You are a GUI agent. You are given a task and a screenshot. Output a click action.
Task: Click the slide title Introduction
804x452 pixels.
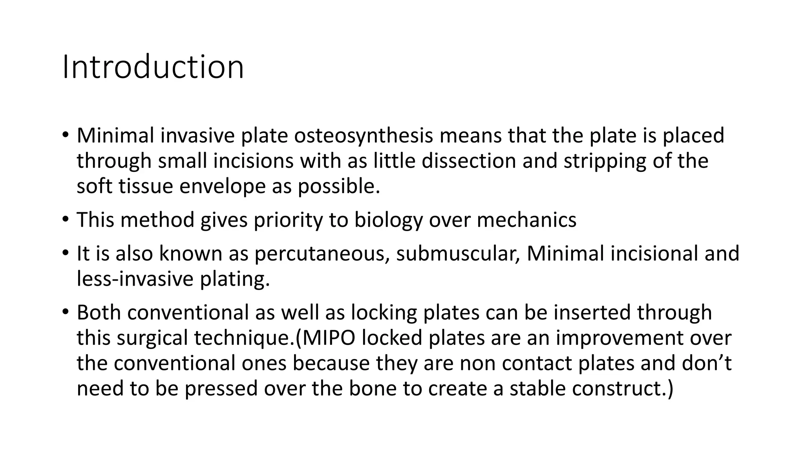click(153, 67)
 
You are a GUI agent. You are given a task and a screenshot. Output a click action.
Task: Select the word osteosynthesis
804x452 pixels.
click(364, 136)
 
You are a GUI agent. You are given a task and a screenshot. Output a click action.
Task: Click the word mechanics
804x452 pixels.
click(526, 220)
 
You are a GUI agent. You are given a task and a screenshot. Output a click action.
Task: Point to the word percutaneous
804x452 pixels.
click(322, 254)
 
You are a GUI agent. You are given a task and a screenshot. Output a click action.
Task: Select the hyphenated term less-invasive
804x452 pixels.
click(135, 279)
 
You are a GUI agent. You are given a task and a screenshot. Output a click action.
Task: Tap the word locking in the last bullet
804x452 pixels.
click(384, 313)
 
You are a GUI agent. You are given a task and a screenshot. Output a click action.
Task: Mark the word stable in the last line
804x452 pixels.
click(537, 388)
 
